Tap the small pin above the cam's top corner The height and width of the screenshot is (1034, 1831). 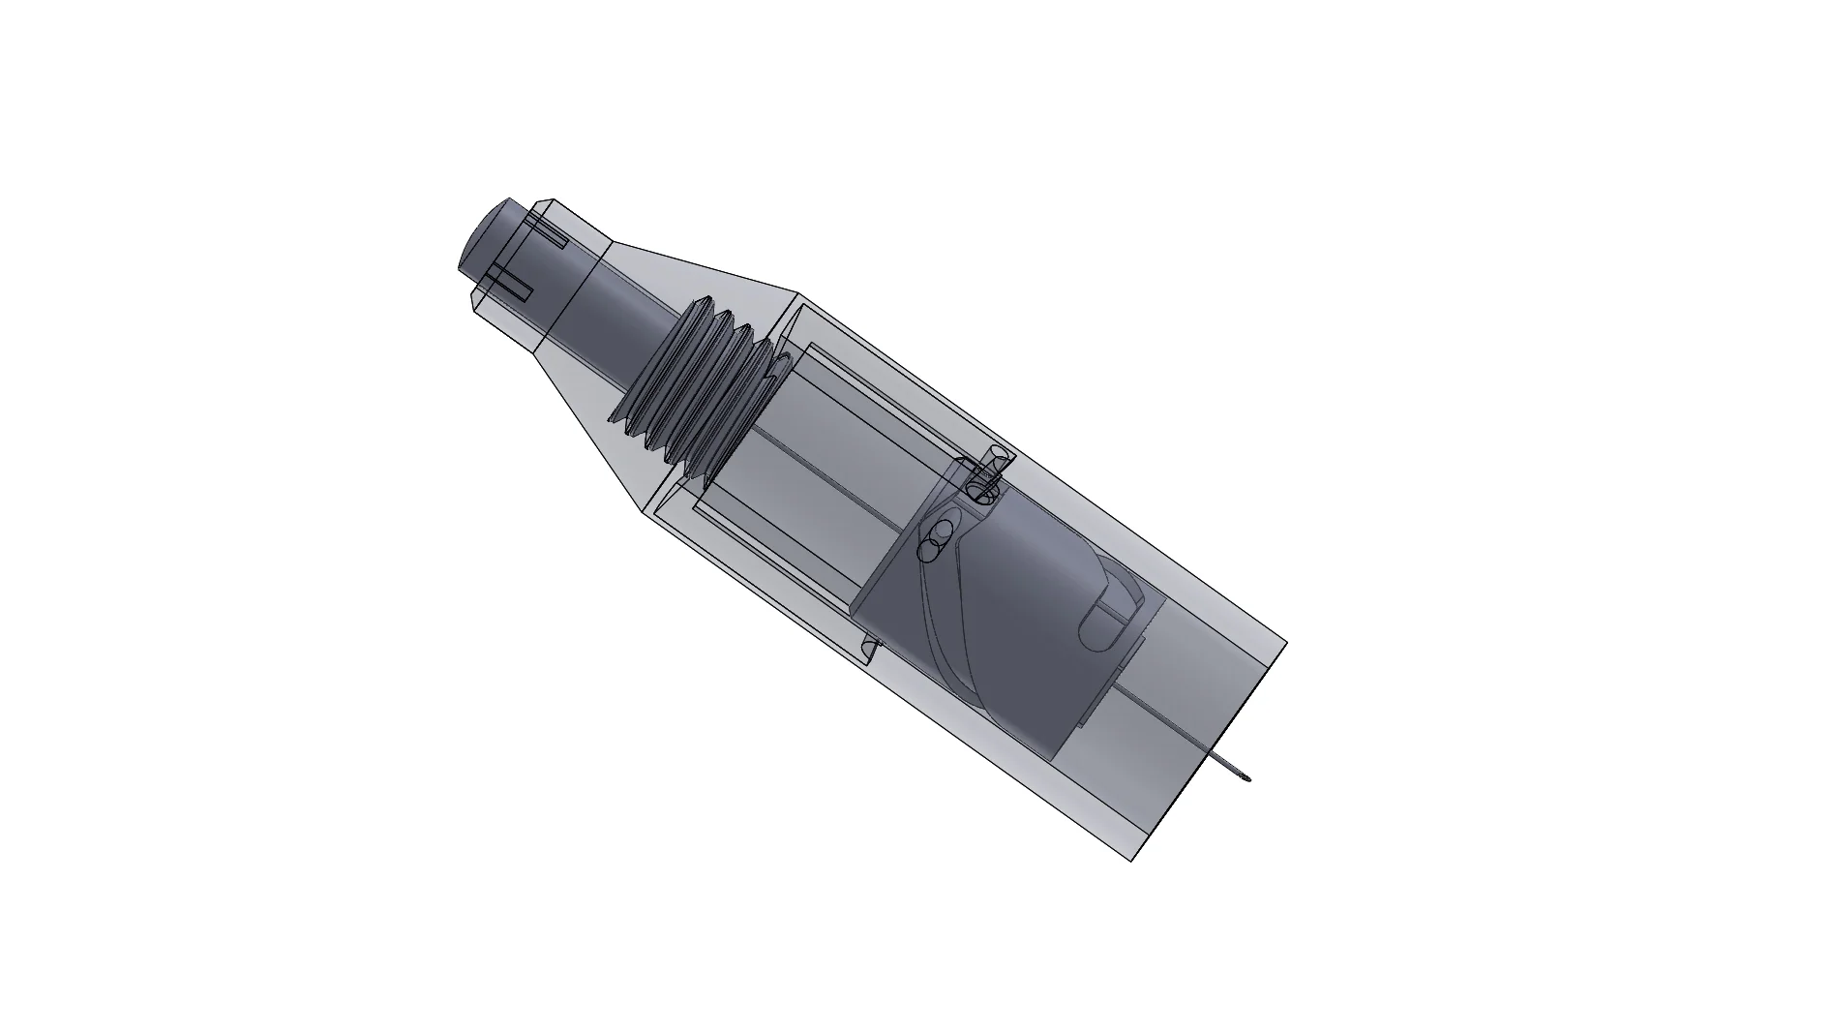987,474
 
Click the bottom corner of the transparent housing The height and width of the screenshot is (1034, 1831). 1132,859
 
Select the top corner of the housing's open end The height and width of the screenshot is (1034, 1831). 1285,643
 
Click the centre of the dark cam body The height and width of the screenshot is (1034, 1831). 1006,620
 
